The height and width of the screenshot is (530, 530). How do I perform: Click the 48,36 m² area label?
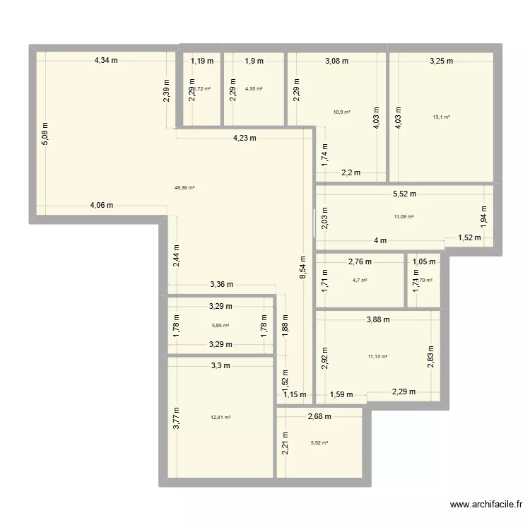pos(184,188)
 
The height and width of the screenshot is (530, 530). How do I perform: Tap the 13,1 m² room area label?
pos(442,117)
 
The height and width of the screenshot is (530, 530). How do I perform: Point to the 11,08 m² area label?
pos(404,217)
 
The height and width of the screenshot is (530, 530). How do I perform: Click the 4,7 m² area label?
pos(360,281)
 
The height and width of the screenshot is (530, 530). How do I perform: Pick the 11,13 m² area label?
pos(378,357)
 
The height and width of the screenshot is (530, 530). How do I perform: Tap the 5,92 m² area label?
pos(319,443)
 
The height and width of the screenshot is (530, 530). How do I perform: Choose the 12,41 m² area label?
pos(220,417)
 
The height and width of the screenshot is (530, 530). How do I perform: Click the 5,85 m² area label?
pos(220,326)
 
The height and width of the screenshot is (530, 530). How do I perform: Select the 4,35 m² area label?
pos(254,89)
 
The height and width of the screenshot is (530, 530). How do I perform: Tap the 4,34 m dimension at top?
pos(106,61)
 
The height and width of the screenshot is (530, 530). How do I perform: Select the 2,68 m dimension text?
pos(319,417)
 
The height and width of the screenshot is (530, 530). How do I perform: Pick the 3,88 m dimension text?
pos(378,319)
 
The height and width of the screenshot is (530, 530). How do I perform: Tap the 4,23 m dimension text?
pos(245,139)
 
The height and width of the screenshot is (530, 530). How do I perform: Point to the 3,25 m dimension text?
pos(442,61)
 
